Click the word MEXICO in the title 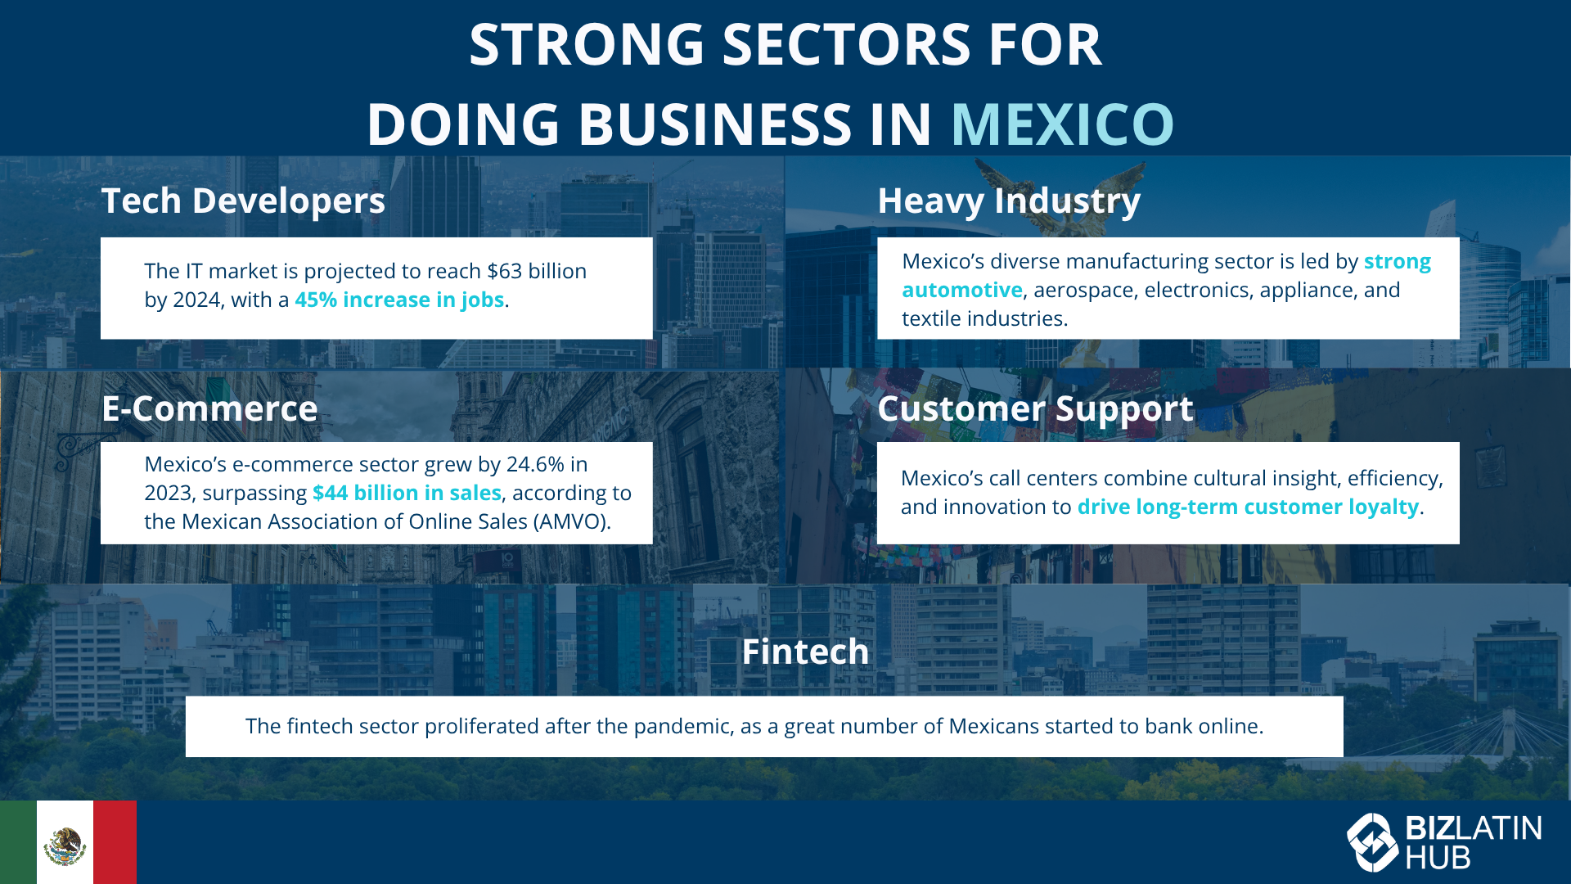[1062, 124]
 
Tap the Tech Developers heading [243, 201]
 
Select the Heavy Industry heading [1009, 201]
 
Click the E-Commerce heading [209, 408]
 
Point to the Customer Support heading [1035, 409]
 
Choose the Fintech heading [805, 652]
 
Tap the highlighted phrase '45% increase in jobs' [399, 300]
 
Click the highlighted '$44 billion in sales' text [407, 493]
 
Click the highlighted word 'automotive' [962, 290]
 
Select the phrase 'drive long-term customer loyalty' [1248, 507]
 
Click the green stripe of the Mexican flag [18, 842]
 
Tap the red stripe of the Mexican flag [115, 842]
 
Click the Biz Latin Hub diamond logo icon [1372, 842]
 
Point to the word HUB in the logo [1438, 858]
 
